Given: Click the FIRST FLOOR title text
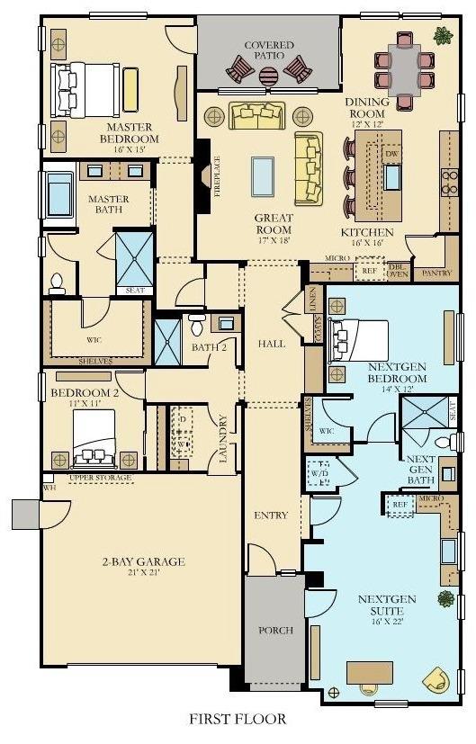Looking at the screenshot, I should pos(238,719).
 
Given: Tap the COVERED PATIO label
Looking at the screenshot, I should pos(269,51).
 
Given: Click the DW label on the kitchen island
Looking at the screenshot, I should pos(391,154).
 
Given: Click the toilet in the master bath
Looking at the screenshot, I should pos(58,283).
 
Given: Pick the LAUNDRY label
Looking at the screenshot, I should pos(224,438).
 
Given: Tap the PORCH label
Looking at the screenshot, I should pos(275,631).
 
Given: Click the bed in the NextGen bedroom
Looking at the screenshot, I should pos(359,340).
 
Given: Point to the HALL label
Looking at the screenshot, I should pos(272,344).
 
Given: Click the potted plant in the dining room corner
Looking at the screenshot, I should pos(442,36).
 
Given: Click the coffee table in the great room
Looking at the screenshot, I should pos(262,171).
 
